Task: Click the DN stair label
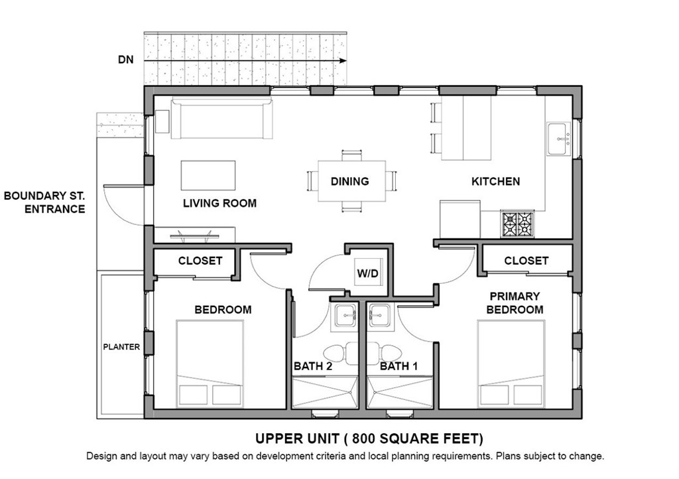pyautogui.click(x=125, y=59)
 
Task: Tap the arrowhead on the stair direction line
pyautogui.click(x=343, y=60)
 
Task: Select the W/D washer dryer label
pyautogui.click(x=367, y=273)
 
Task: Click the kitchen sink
pyautogui.click(x=558, y=139)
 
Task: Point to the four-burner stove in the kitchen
pyautogui.click(x=517, y=224)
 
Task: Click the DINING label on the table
pyautogui.click(x=350, y=181)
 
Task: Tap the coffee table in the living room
pyautogui.click(x=208, y=175)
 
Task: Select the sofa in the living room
pyautogui.click(x=221, y=118)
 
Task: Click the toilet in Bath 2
pyautogui.click(x=338, y=353)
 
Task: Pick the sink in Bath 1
pyautogui.click(x=381, y=317)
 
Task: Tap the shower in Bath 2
pyautogui.click(x=325, y=392)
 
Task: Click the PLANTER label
pyautogui.click(x=121, y=347)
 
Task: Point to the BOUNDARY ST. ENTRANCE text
pyautogui.click(x=44, y=202)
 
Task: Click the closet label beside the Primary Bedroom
pyautogui.click(x=526, y=261)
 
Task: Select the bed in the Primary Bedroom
pyautogui.click(x=511, y=364)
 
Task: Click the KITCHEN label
pyautogui.click(x=496, y=181)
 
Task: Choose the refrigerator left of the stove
pyautogui.click(x=460, y=219)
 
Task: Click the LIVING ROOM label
pyautogui.click(x=219, y=203)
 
